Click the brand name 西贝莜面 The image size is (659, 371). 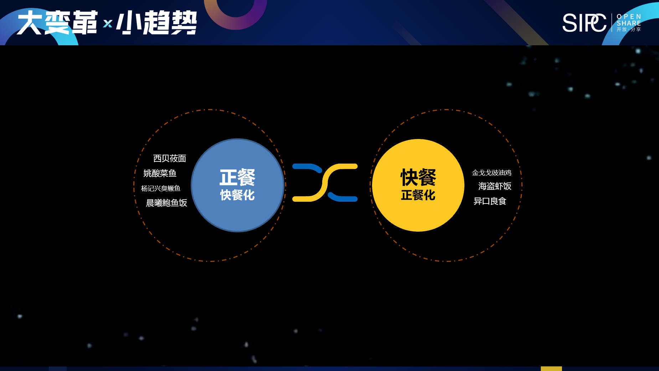click(170, 158)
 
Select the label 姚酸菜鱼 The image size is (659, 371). click(160, 173)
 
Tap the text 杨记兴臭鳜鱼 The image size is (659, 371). click(161, 188)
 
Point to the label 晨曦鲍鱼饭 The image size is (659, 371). click(166, 203)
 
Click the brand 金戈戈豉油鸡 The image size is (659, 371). click(491, 173)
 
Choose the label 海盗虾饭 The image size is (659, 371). click(495, 186)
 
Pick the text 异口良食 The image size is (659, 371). click(490, 201)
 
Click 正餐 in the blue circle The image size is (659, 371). click(237, 177)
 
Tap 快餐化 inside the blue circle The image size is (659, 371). click(237, 195)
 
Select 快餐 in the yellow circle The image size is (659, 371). click(418, 177)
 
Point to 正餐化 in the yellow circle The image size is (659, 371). click(418, 195)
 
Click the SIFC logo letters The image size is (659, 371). click(585, 23)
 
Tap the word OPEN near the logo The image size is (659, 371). click(629, 17)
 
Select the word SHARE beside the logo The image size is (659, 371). click(629, 23)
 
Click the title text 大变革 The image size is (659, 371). click(57, 22)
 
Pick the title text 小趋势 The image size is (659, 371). click(157, 22)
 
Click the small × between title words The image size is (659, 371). click(108, 24)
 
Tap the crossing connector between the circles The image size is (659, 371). click(325, 182)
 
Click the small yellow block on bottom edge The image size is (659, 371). click(551, 369)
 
